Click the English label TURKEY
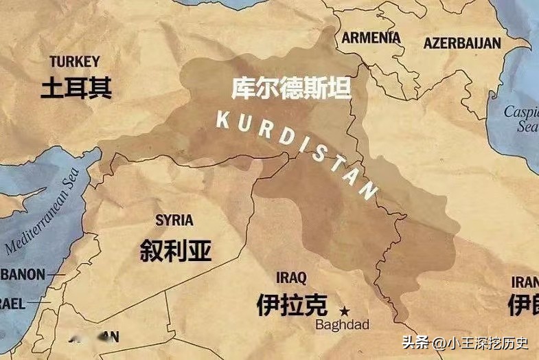click(74, 61)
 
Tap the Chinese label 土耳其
click(76, 88)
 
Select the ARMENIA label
click(371, 38)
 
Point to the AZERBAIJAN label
click(462, 43)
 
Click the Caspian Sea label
click(521, 118)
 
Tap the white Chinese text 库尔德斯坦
click(290, 89)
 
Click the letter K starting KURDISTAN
click(222, 118)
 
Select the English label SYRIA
click(174, 221)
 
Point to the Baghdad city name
click(342, 324)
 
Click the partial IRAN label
click(525, 282)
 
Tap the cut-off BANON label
click(22, 275)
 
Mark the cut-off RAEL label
click(14, 303)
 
